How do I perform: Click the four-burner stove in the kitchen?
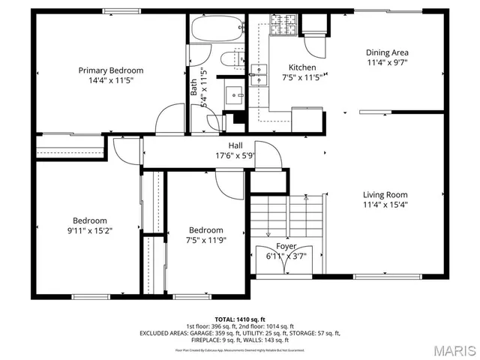click(287, 27)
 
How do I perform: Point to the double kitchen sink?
click(259, 74)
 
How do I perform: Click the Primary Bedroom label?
click(111, 70)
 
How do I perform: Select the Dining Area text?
click(387, 52)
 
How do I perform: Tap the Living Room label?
click(385, 194)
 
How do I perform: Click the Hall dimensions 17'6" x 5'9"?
click(235, 157)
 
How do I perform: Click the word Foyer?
click(286, 246)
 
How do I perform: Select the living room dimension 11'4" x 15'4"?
click(385, 204)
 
